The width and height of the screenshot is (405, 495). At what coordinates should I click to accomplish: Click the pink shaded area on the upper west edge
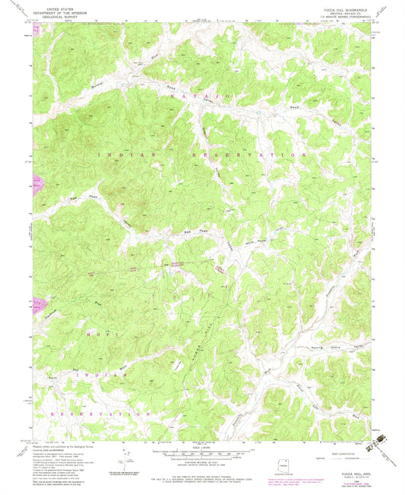(x=36, y=182)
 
